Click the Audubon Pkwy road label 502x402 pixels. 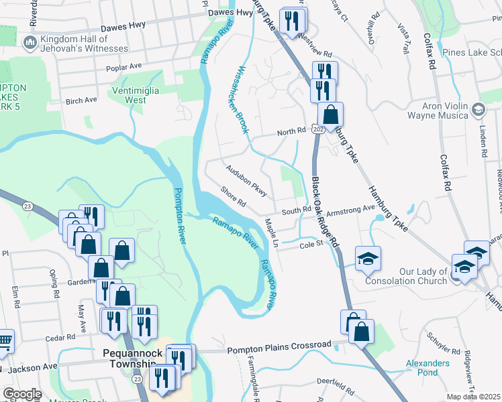point(247,181)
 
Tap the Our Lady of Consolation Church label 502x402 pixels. point(405,276)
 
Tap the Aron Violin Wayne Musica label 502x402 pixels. point(445,111)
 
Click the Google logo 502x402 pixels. point(21,394)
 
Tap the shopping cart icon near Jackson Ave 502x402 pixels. point(4,342)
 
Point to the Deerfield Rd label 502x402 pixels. point(336,387)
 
